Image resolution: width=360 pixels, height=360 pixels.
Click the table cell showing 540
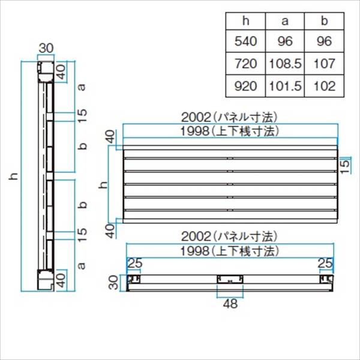coord(245,41)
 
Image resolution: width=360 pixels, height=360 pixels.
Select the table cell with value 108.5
coord(285,64)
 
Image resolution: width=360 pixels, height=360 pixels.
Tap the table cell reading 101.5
coord(285,86)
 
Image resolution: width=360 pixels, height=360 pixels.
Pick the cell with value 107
coord(324,64)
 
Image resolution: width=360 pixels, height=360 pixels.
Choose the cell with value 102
coord(324,86)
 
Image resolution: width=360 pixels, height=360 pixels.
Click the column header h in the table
coord(245,21)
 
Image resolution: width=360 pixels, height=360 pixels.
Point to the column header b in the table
coord(324,21)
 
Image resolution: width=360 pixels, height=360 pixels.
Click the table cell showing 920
coord(245,86)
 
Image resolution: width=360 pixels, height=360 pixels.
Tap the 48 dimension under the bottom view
coord(230,304)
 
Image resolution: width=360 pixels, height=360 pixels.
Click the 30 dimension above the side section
coord(46,48)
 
